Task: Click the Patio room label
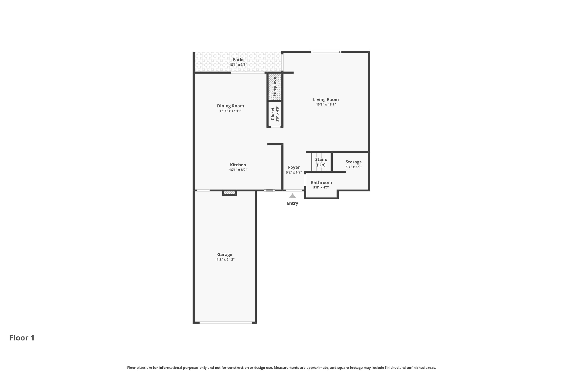pos(238,60)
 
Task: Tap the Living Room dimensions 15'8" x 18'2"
pos(326,104)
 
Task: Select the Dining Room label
pos(230,106)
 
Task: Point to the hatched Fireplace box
pos(275,87)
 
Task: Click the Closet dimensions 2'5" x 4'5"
pos(278,114)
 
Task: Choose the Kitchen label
pos(238,165)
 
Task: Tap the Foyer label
pos(294,167)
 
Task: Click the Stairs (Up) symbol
pos(321,162)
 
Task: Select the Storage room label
pos(354,162)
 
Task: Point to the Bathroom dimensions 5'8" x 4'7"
pos(321,187)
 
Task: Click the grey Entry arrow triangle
pos(292,196)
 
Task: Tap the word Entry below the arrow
pos(292,203)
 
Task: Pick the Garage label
pos(225,254)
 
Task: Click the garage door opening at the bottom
pos(226,323)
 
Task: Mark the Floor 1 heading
pos(22,338)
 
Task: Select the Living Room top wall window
pos(326,52)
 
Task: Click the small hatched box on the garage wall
pos(230,193)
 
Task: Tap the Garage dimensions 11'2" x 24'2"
pos(225,259)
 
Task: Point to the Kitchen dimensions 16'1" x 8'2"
pos(238,170)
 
